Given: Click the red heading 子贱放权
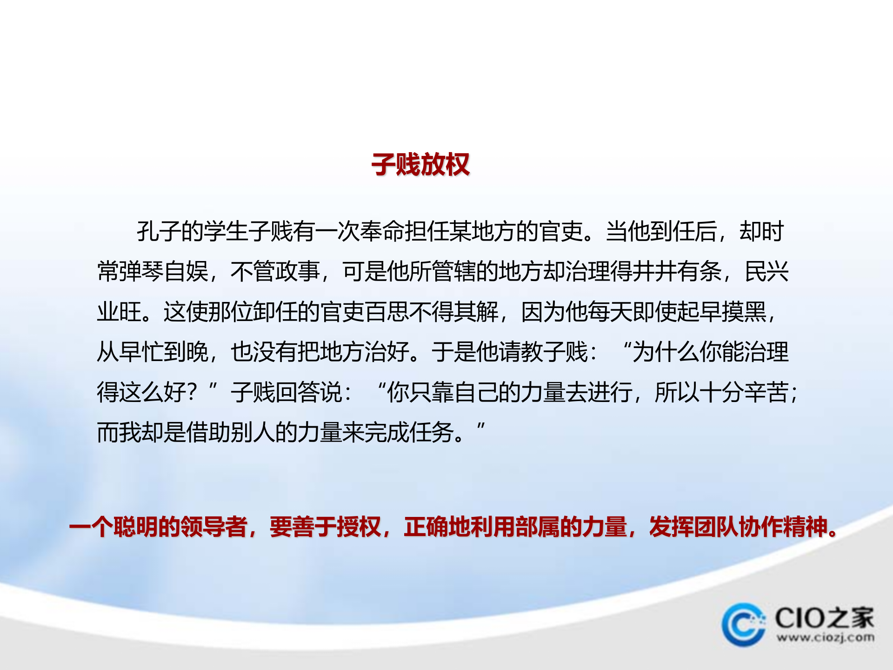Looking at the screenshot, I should coord(420,165).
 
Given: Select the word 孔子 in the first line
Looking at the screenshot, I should coord(159,231).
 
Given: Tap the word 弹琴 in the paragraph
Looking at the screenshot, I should coord(141,271).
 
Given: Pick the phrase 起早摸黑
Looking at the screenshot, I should coord(721,312).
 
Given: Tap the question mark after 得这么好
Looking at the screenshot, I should coord(191,392).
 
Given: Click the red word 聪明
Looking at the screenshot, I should coord(135,527).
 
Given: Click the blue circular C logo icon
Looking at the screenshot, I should coord(743,625).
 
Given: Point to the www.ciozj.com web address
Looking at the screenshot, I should coord(825,637).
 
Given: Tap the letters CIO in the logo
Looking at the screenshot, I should coord(800,618).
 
